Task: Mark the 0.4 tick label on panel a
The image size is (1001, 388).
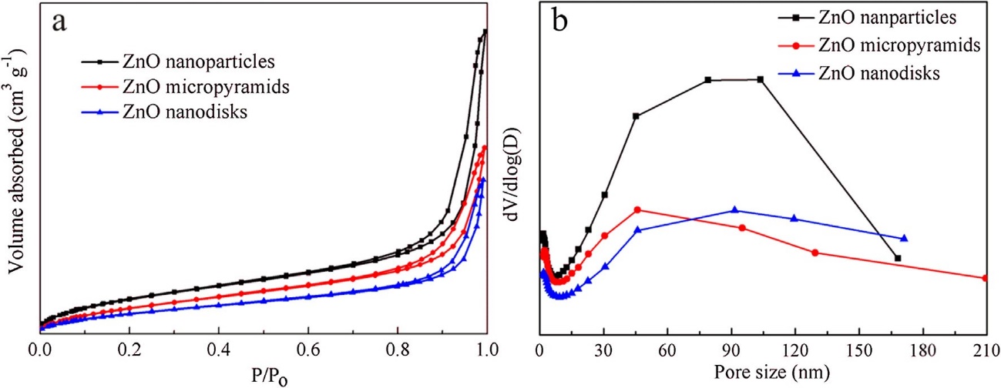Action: [219, 350]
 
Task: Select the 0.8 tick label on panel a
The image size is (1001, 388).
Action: [398, 350]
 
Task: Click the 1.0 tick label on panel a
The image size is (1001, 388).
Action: [486, 350]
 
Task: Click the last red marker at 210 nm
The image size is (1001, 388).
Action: [986, 278]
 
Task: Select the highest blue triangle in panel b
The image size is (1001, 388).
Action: [734, 209]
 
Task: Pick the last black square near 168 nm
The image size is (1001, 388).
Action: [898, 258]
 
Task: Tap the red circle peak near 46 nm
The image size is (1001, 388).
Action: [637, 209]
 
